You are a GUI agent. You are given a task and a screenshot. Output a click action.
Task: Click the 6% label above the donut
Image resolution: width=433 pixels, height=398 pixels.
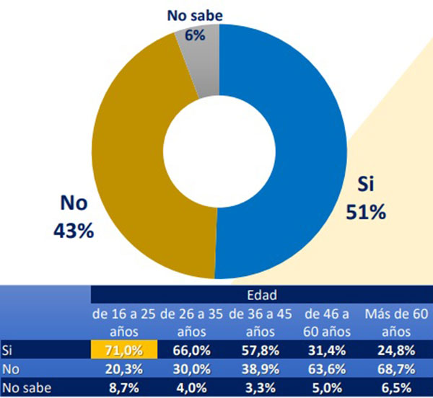click(195, 34)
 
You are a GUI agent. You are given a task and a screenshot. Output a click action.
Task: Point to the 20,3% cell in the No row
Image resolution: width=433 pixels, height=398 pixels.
click(124, 369)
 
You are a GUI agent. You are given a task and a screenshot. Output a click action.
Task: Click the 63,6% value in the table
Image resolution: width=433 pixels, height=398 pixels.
click(327, 369)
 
